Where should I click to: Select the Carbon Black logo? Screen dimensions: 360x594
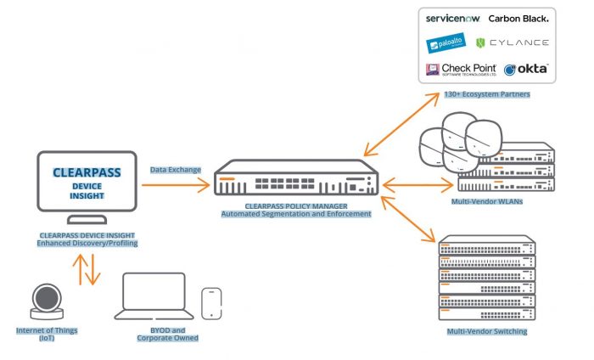pos(518,18)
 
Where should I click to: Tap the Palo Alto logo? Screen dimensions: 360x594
pos(445,43)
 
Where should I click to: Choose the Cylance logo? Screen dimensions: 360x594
pos(513,42)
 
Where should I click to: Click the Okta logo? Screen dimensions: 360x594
pos(527,69)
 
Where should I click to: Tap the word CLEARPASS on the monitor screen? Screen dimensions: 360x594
pos(87,172)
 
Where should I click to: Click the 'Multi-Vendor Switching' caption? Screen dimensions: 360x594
pos(487,330)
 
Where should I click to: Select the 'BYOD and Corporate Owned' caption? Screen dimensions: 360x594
pos(168,335)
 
